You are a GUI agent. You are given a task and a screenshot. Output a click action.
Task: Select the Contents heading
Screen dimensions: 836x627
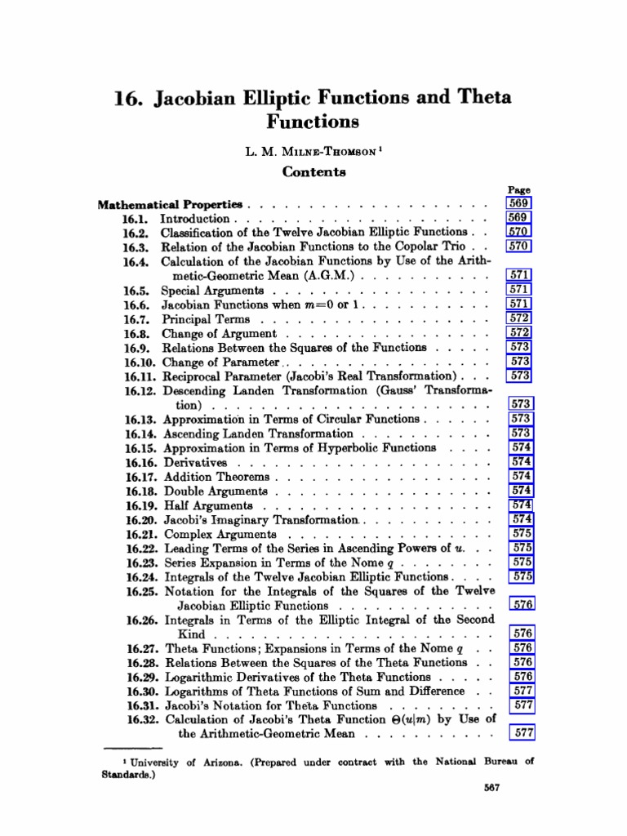313,171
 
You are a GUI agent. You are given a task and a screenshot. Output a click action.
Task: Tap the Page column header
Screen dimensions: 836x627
519,189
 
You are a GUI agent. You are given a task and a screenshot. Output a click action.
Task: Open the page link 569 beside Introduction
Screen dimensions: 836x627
519,218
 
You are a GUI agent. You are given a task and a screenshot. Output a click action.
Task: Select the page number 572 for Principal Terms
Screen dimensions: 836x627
520,318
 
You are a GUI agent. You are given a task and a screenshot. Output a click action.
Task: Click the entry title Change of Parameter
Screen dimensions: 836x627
222,362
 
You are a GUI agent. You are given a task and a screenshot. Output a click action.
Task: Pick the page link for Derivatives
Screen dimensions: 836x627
521,462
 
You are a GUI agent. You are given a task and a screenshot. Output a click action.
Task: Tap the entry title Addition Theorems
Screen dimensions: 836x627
216,477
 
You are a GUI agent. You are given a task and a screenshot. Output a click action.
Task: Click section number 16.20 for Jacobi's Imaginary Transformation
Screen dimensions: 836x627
143,520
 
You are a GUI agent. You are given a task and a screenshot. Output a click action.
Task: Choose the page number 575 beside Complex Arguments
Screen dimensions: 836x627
521,534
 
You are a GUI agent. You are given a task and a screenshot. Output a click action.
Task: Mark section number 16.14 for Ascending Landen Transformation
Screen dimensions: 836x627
143,434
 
